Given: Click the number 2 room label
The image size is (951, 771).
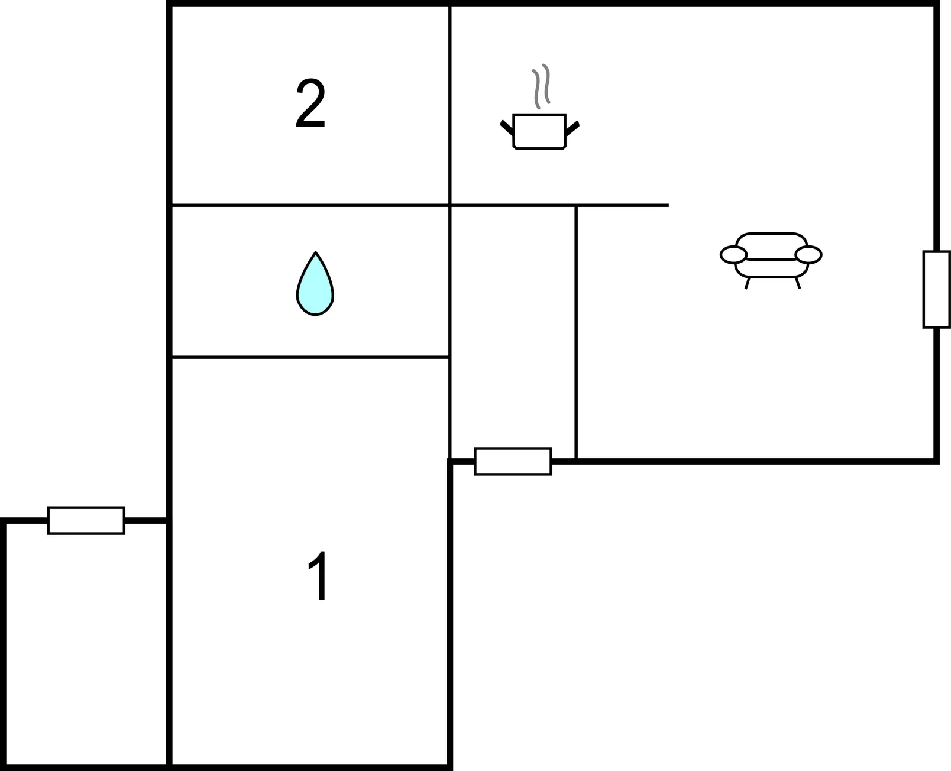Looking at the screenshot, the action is click(310, 103).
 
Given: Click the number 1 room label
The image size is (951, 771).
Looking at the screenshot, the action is click(318, 575).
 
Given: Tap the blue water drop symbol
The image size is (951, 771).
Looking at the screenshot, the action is click(315, 284).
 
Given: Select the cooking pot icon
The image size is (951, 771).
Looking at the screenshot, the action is click(540, 131).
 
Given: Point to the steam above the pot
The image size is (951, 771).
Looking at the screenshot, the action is click(541, 86).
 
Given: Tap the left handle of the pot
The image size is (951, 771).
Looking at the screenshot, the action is click(507, 128).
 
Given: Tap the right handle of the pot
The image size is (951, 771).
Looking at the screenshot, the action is click(572, 128).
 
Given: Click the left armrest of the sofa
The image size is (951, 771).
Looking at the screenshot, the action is click(733, 254).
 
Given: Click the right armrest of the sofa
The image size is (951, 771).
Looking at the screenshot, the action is click(808, 254).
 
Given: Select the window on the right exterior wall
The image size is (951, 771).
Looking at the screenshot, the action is click(936, 289).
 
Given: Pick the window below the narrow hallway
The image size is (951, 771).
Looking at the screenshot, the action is click(513, 461).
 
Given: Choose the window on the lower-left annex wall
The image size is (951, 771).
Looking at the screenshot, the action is click(86, 520).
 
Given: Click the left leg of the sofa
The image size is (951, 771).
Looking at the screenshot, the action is click(748, 283).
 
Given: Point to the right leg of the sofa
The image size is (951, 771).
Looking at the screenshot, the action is click(798, 283).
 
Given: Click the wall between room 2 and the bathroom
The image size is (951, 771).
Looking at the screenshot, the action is click(310, 205).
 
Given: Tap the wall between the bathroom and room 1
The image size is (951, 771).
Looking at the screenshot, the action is click(310, 357).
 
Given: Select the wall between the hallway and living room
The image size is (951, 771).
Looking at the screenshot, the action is click(576, 332).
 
